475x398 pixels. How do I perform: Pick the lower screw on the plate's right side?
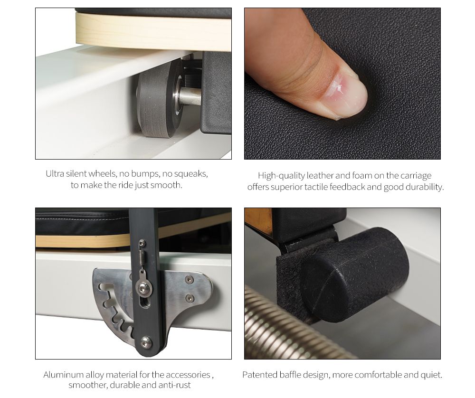pos(190,298)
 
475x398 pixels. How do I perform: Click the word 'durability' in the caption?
pos(424,187)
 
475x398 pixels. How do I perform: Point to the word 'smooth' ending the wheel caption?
pos(166,185)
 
